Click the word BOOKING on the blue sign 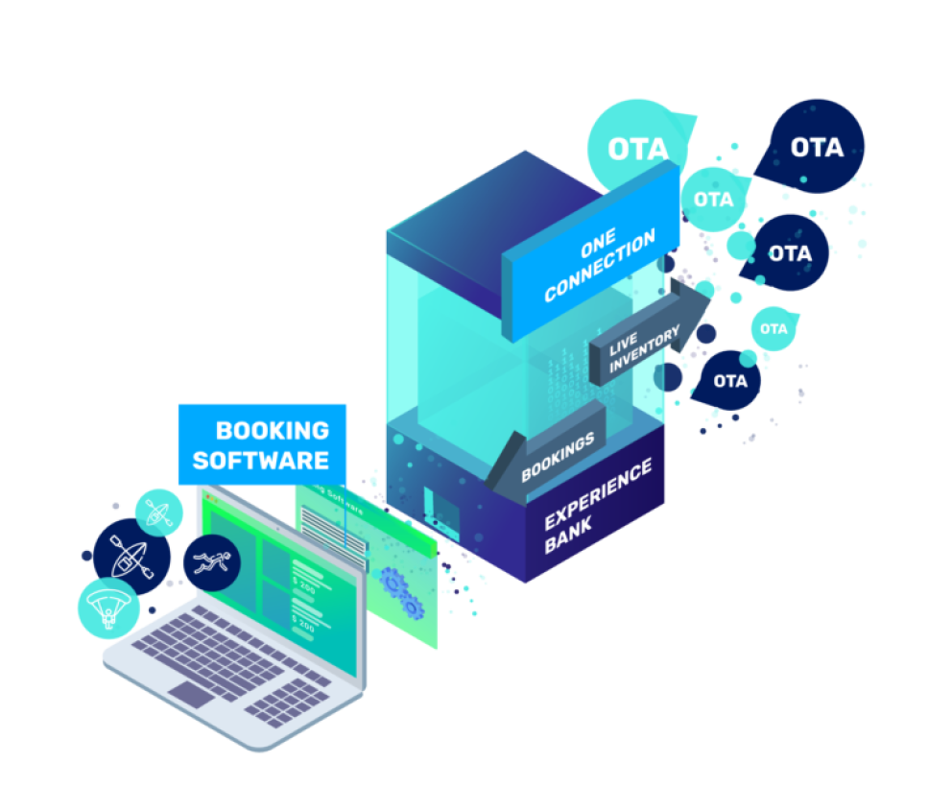[x=272, y=430]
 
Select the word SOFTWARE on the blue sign [x=261, y=460]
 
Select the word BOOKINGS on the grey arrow [x=558, y=458]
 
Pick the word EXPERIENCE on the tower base [x=598, y=493]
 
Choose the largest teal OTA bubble [x=637, y=147]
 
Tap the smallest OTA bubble [x=773, y=329]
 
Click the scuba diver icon [x=210, y=561]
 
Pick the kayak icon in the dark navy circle [x=131, y=557]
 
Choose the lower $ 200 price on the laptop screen [x=303, y=625]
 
